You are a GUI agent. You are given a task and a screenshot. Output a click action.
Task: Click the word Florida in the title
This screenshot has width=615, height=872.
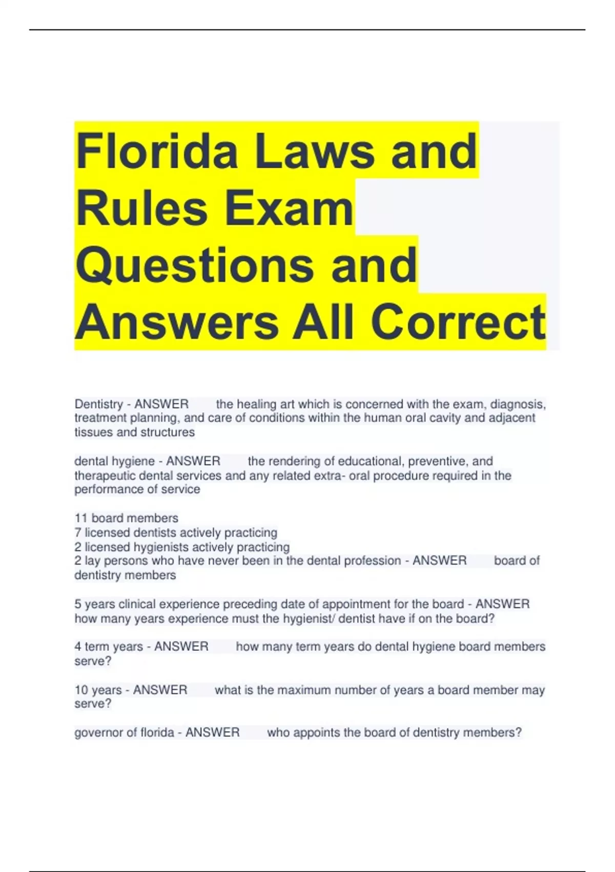[x=157, y=151]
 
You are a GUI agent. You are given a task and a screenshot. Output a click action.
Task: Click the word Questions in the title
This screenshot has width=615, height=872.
[x=195, y=265]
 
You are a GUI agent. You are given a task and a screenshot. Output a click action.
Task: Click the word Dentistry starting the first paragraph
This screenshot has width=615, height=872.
[x=98, y=404]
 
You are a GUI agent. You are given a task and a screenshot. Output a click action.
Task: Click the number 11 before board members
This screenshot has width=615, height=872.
[x=81, y=518]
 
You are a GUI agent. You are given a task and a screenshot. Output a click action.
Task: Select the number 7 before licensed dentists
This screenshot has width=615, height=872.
[x=78, y=532]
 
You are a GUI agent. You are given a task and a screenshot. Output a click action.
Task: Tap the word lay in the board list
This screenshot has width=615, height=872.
[x=92, y=561]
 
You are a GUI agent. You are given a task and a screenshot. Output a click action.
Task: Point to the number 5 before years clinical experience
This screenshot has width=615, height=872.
[x=78, y=604]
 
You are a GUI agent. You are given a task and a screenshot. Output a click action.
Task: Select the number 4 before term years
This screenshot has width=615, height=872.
[x=78, y=646]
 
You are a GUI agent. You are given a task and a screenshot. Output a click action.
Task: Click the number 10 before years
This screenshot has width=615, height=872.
[x=81, y=690]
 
